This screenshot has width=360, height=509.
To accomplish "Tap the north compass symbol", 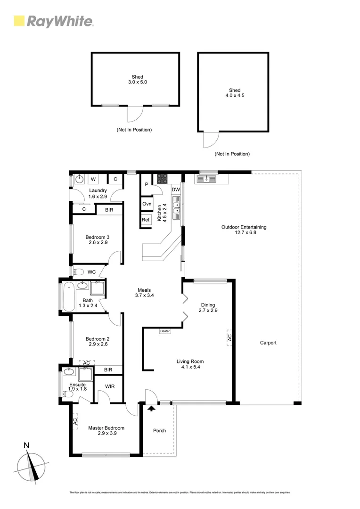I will click(x=32, y=467).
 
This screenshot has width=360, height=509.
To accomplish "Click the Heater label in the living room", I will click(x=165, y=331).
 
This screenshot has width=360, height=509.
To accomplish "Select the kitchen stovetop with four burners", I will click(x=162, y=179).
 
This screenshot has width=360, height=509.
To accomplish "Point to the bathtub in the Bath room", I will click(x=67, y=296).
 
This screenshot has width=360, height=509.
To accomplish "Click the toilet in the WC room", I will click(x=79, y=271).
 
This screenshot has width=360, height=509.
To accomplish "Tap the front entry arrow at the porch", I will click(x=151, y=409).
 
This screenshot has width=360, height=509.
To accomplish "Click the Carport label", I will click(x=268, y=343).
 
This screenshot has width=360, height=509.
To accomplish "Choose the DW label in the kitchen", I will click(x=175, y=189).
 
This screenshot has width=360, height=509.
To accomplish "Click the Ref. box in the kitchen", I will click(x=146, y=220).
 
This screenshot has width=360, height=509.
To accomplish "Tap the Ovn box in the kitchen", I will click(x=146, y=204).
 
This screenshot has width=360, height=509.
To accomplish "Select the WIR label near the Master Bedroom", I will click(x=110, y=386).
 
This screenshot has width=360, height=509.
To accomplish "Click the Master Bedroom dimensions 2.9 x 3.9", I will click(x=106, y=433).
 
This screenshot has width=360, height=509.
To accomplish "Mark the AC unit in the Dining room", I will click(x=230, y=337).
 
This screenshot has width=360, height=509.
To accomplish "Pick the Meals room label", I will click(x=144, y=290).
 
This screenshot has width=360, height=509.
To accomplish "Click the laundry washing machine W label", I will click(x=93, y=179).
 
